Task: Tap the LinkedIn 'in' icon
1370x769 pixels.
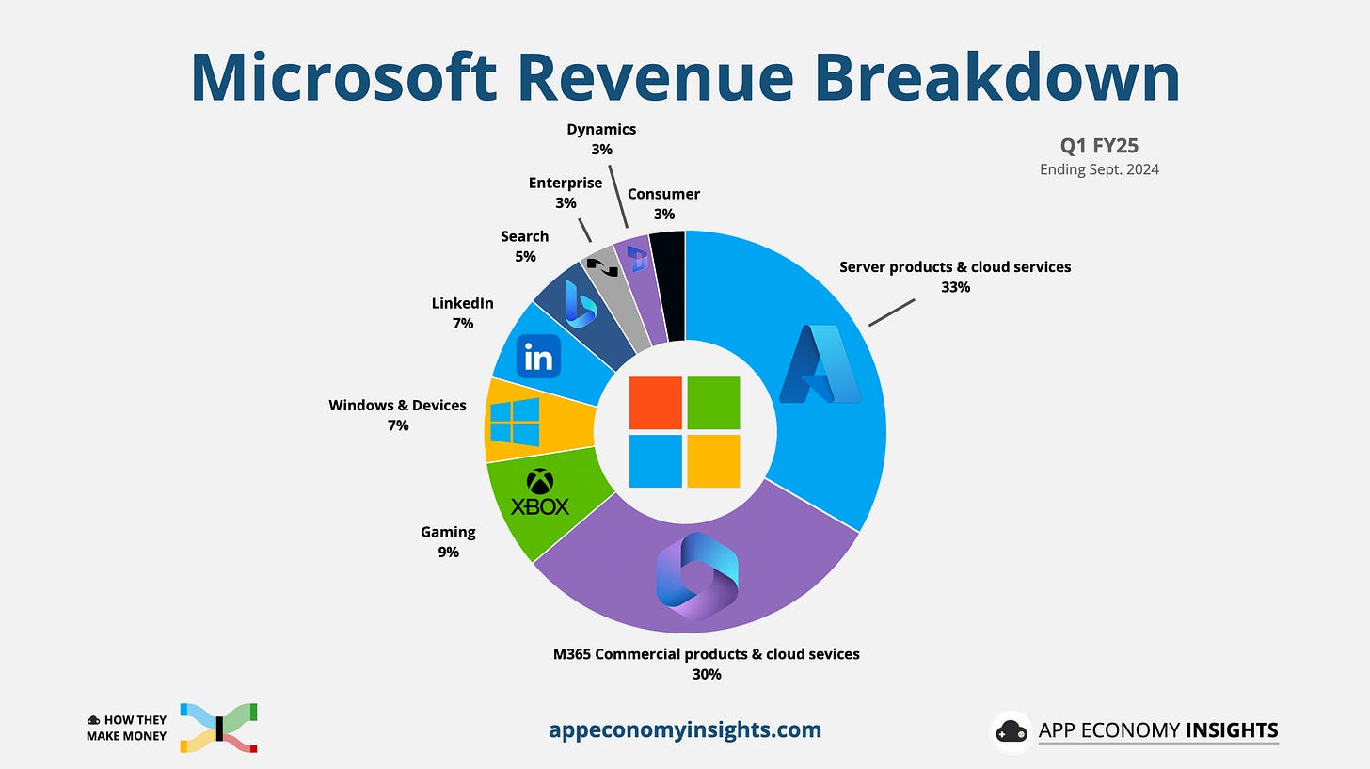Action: [538, 357]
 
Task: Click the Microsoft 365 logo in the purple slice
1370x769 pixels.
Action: [697, 575]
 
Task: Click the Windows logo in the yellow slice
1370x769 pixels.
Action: [515, 422]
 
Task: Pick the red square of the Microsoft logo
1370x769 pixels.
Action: [655, 403]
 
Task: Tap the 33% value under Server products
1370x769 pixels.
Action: [955, 287]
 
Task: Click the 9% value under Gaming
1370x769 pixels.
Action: [448, 553]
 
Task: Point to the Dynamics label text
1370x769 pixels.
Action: [601, 129]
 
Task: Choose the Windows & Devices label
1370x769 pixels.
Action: [397, 405]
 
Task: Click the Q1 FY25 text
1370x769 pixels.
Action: [1099, 147]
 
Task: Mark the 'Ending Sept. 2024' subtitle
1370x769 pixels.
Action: [1099, 169]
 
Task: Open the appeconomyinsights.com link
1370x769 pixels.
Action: [684, 729]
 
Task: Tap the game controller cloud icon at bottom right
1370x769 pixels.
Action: [1012, 731]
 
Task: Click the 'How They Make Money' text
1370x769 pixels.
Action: [126, 728]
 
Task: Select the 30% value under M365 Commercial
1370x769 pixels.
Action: [706, 674]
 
